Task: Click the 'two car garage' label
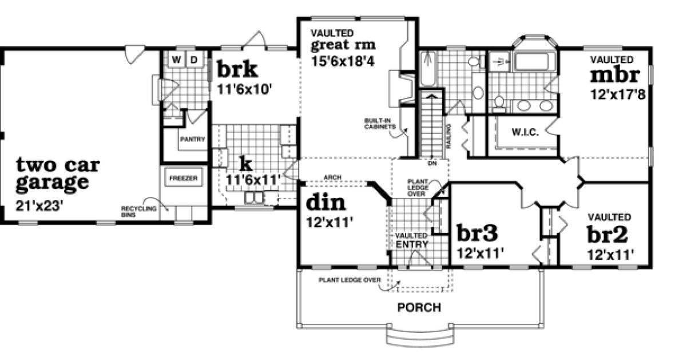pos(57,174)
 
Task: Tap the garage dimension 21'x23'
pos(39,204)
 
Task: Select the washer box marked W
pos(177,59)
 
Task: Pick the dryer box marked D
pos(194,59)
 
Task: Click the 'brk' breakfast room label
pos(237,70)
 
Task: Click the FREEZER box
pos(183,179)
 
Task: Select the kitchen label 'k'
pos(245,164)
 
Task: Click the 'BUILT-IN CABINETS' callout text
pos(376,124)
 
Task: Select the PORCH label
pos(419,307)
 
